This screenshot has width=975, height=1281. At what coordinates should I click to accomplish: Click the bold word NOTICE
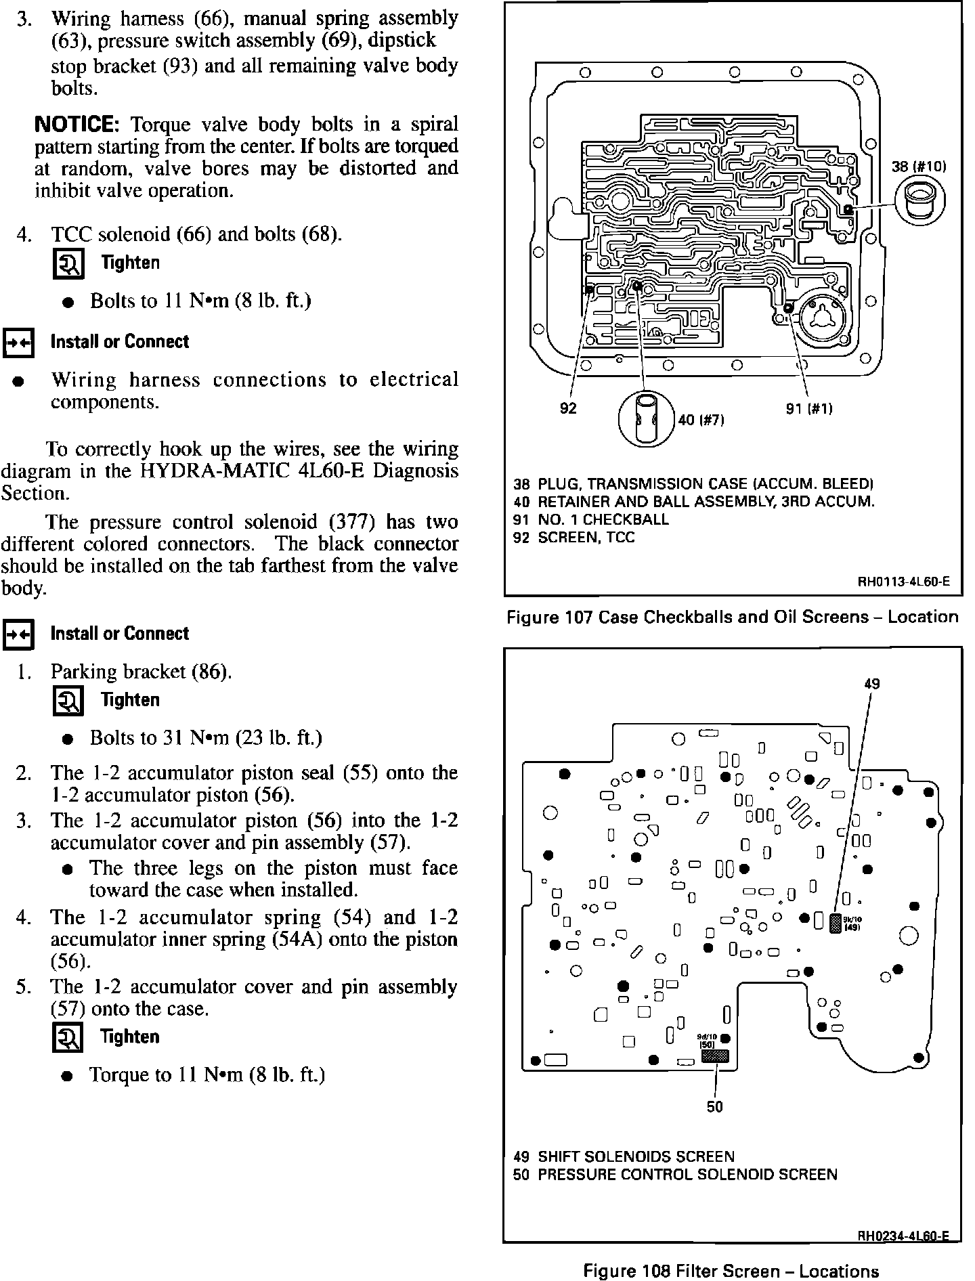(x=77, y=125)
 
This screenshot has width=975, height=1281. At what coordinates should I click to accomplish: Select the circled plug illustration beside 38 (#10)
(x=920, y=200)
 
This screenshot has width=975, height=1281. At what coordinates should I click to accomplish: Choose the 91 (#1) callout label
(x=809, y=408)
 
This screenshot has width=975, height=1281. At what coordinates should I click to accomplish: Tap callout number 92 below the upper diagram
(x=568, y=408)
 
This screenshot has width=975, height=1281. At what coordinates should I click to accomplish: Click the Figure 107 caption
(x=732, y=617)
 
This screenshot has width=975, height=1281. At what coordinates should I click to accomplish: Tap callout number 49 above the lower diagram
(x=871, y=684)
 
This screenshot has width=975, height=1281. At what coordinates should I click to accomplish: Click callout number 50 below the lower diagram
(x=714, y=1107)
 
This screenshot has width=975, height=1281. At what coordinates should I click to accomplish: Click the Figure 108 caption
(x=731, y=1272)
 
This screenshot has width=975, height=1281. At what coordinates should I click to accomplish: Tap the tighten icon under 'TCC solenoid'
(x=68, y=264)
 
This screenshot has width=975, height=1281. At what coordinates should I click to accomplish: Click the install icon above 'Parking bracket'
(x=18, y=634)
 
